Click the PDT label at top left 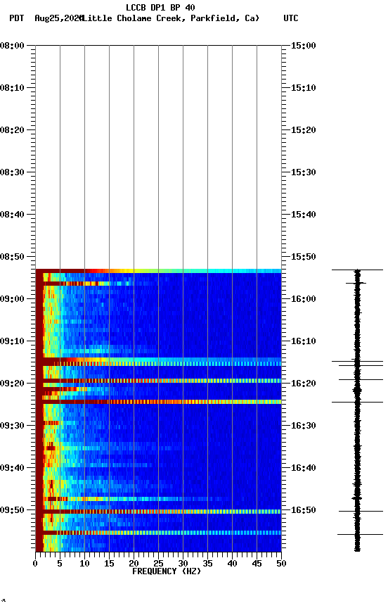16,18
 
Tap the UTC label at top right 290,18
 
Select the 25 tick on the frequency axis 158,564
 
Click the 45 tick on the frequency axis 257,564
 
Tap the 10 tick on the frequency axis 84,564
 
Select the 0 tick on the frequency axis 35,564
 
